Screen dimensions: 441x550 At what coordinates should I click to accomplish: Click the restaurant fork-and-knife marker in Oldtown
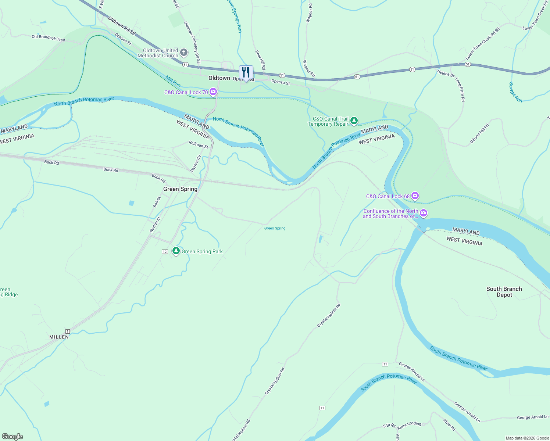[246, 72]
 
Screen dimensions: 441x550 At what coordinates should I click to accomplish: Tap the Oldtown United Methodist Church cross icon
[184, 53]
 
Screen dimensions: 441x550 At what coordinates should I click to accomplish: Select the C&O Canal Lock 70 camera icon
[213, 92]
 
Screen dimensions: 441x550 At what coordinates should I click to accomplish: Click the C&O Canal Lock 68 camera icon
[415, 196]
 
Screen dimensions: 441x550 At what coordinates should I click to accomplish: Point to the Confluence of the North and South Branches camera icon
[424, 213]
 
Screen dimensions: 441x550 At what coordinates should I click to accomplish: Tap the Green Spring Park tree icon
[176, 251]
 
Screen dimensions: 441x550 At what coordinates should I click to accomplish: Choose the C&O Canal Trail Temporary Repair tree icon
[354, 121]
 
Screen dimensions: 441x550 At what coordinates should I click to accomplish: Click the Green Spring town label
[180, 189]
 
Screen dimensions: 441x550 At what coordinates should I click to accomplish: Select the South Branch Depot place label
[504, 292]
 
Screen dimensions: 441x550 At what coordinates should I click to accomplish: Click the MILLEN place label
[59, 337]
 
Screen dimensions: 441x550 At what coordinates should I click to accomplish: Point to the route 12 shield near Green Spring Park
[165, 252]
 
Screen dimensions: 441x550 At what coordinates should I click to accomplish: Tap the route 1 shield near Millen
[68, 331]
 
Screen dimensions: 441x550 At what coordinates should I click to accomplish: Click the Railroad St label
[199, 144]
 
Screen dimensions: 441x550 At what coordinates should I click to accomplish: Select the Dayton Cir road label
[196, 164]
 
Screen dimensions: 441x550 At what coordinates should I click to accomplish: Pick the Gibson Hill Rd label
[479, 133]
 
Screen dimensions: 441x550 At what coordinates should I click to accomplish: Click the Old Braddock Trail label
[48, 38]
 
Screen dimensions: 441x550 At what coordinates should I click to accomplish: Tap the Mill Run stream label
[173, 81]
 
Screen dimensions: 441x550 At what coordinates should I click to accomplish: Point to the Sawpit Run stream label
[515, 92]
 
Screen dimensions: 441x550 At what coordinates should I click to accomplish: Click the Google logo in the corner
[12, 436]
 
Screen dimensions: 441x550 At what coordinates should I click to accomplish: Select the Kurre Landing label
[409, 425]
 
